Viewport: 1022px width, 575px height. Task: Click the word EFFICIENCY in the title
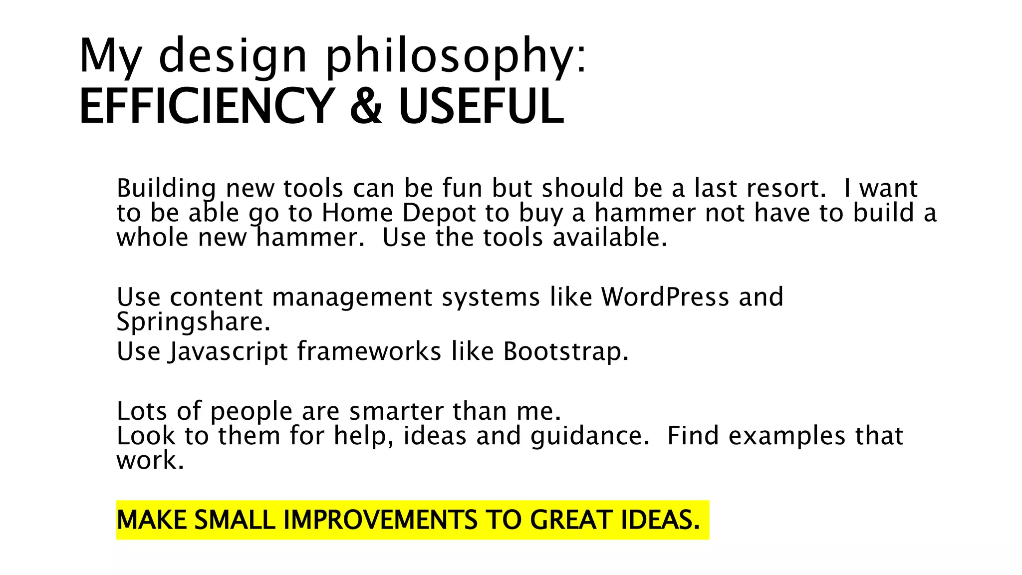(207, 106)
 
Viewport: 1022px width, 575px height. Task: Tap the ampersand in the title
(366, 106)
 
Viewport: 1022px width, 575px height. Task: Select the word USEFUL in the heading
(481, 106)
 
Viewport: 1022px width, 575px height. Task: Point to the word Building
(166, 189)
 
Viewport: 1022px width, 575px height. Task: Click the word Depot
(439, 213)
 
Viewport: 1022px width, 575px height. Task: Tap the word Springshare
(193, 322)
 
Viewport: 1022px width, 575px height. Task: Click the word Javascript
(228, 351)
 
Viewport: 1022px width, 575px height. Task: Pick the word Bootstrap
(565, 351)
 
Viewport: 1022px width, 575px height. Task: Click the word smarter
(396, 411)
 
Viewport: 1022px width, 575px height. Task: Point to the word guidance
(590, 436)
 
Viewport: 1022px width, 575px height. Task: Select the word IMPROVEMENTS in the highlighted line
(380, 520)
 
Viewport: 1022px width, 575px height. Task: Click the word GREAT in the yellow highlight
(571, 520)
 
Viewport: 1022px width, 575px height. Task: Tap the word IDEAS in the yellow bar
(660, 520)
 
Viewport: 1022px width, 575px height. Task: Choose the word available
(610, 238)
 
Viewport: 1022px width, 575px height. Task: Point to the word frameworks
(369, 351)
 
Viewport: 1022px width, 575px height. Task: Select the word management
(352, 297)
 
